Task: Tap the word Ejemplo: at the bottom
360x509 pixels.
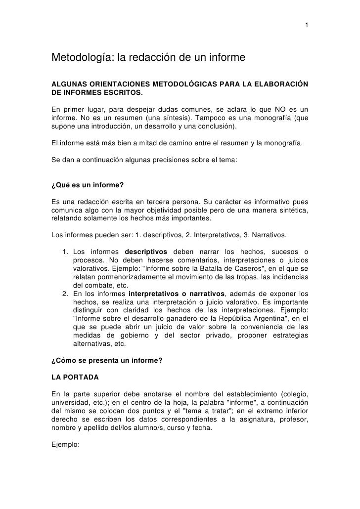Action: click(x=66, y=445)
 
